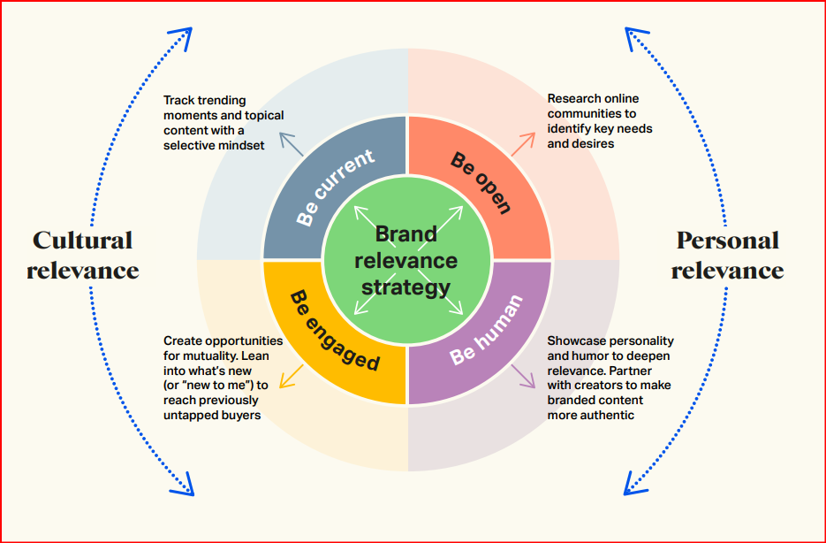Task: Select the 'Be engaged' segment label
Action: (335, 331)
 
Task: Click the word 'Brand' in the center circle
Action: (405, 234)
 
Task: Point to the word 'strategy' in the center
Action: (405, 287)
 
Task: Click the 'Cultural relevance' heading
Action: (83, 255)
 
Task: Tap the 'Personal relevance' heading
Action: (727, 255)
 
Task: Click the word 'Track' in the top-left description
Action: (179, 100)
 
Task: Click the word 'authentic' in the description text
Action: (607, 415)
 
